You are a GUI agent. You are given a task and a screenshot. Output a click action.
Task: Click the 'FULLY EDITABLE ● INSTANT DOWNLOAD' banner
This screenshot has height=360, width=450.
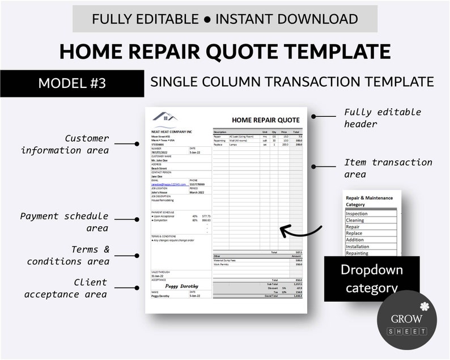225,19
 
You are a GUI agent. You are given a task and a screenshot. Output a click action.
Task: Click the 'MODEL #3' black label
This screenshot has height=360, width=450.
72,83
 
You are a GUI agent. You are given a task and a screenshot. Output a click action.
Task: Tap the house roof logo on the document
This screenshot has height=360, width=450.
164,117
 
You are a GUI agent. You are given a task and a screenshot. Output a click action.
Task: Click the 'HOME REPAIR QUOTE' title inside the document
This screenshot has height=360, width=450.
265,120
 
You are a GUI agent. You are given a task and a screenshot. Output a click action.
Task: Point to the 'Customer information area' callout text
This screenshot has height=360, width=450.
65,144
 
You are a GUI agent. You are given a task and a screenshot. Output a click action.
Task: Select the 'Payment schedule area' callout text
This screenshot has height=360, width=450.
64,222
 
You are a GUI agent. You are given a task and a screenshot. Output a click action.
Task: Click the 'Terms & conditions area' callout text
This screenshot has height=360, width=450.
68,255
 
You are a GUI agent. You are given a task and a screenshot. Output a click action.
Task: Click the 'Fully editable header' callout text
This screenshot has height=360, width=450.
383,118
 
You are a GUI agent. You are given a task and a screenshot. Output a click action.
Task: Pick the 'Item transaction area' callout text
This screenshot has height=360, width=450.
388,168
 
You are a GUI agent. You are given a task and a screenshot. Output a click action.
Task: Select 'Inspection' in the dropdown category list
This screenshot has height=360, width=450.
356,214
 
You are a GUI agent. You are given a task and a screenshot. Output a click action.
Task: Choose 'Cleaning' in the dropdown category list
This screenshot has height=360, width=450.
355,220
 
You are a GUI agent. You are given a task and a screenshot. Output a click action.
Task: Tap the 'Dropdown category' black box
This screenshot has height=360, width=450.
371,278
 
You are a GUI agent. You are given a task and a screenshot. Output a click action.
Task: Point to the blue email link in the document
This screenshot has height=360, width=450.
168,185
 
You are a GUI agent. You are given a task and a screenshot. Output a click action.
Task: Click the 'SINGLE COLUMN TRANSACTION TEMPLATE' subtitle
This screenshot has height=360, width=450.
292,82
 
